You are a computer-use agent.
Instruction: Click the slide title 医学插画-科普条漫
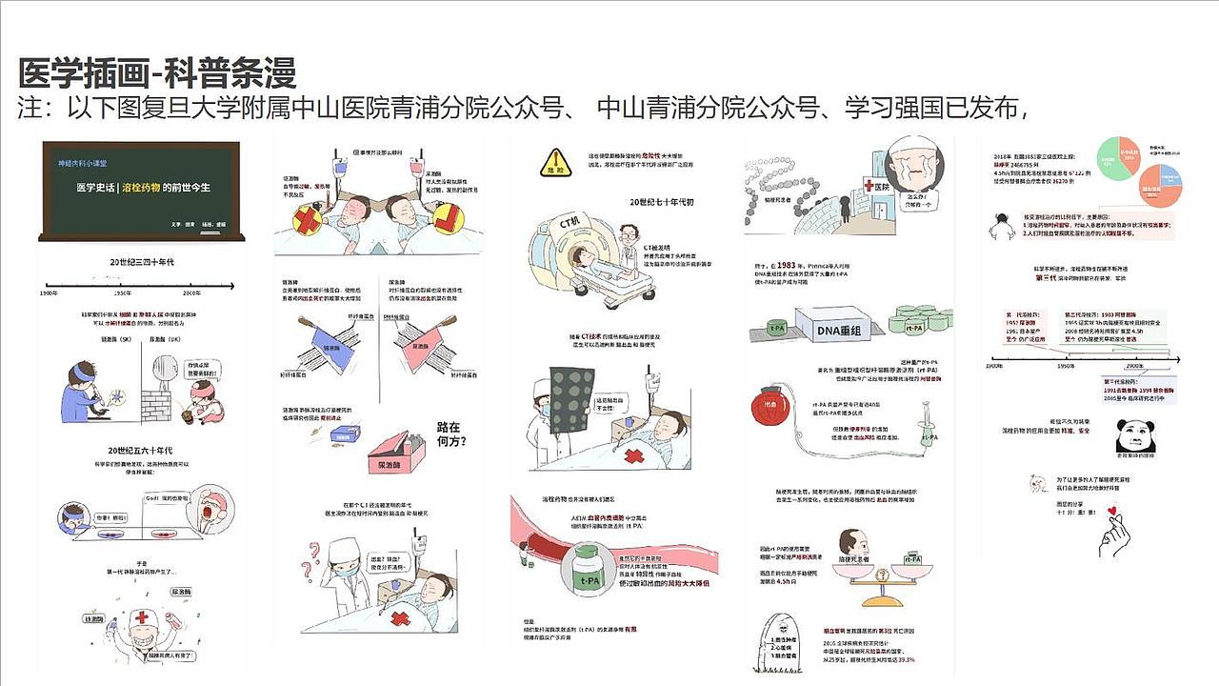158,73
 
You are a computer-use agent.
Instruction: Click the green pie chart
1122,156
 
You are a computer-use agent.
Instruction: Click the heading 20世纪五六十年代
140,450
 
